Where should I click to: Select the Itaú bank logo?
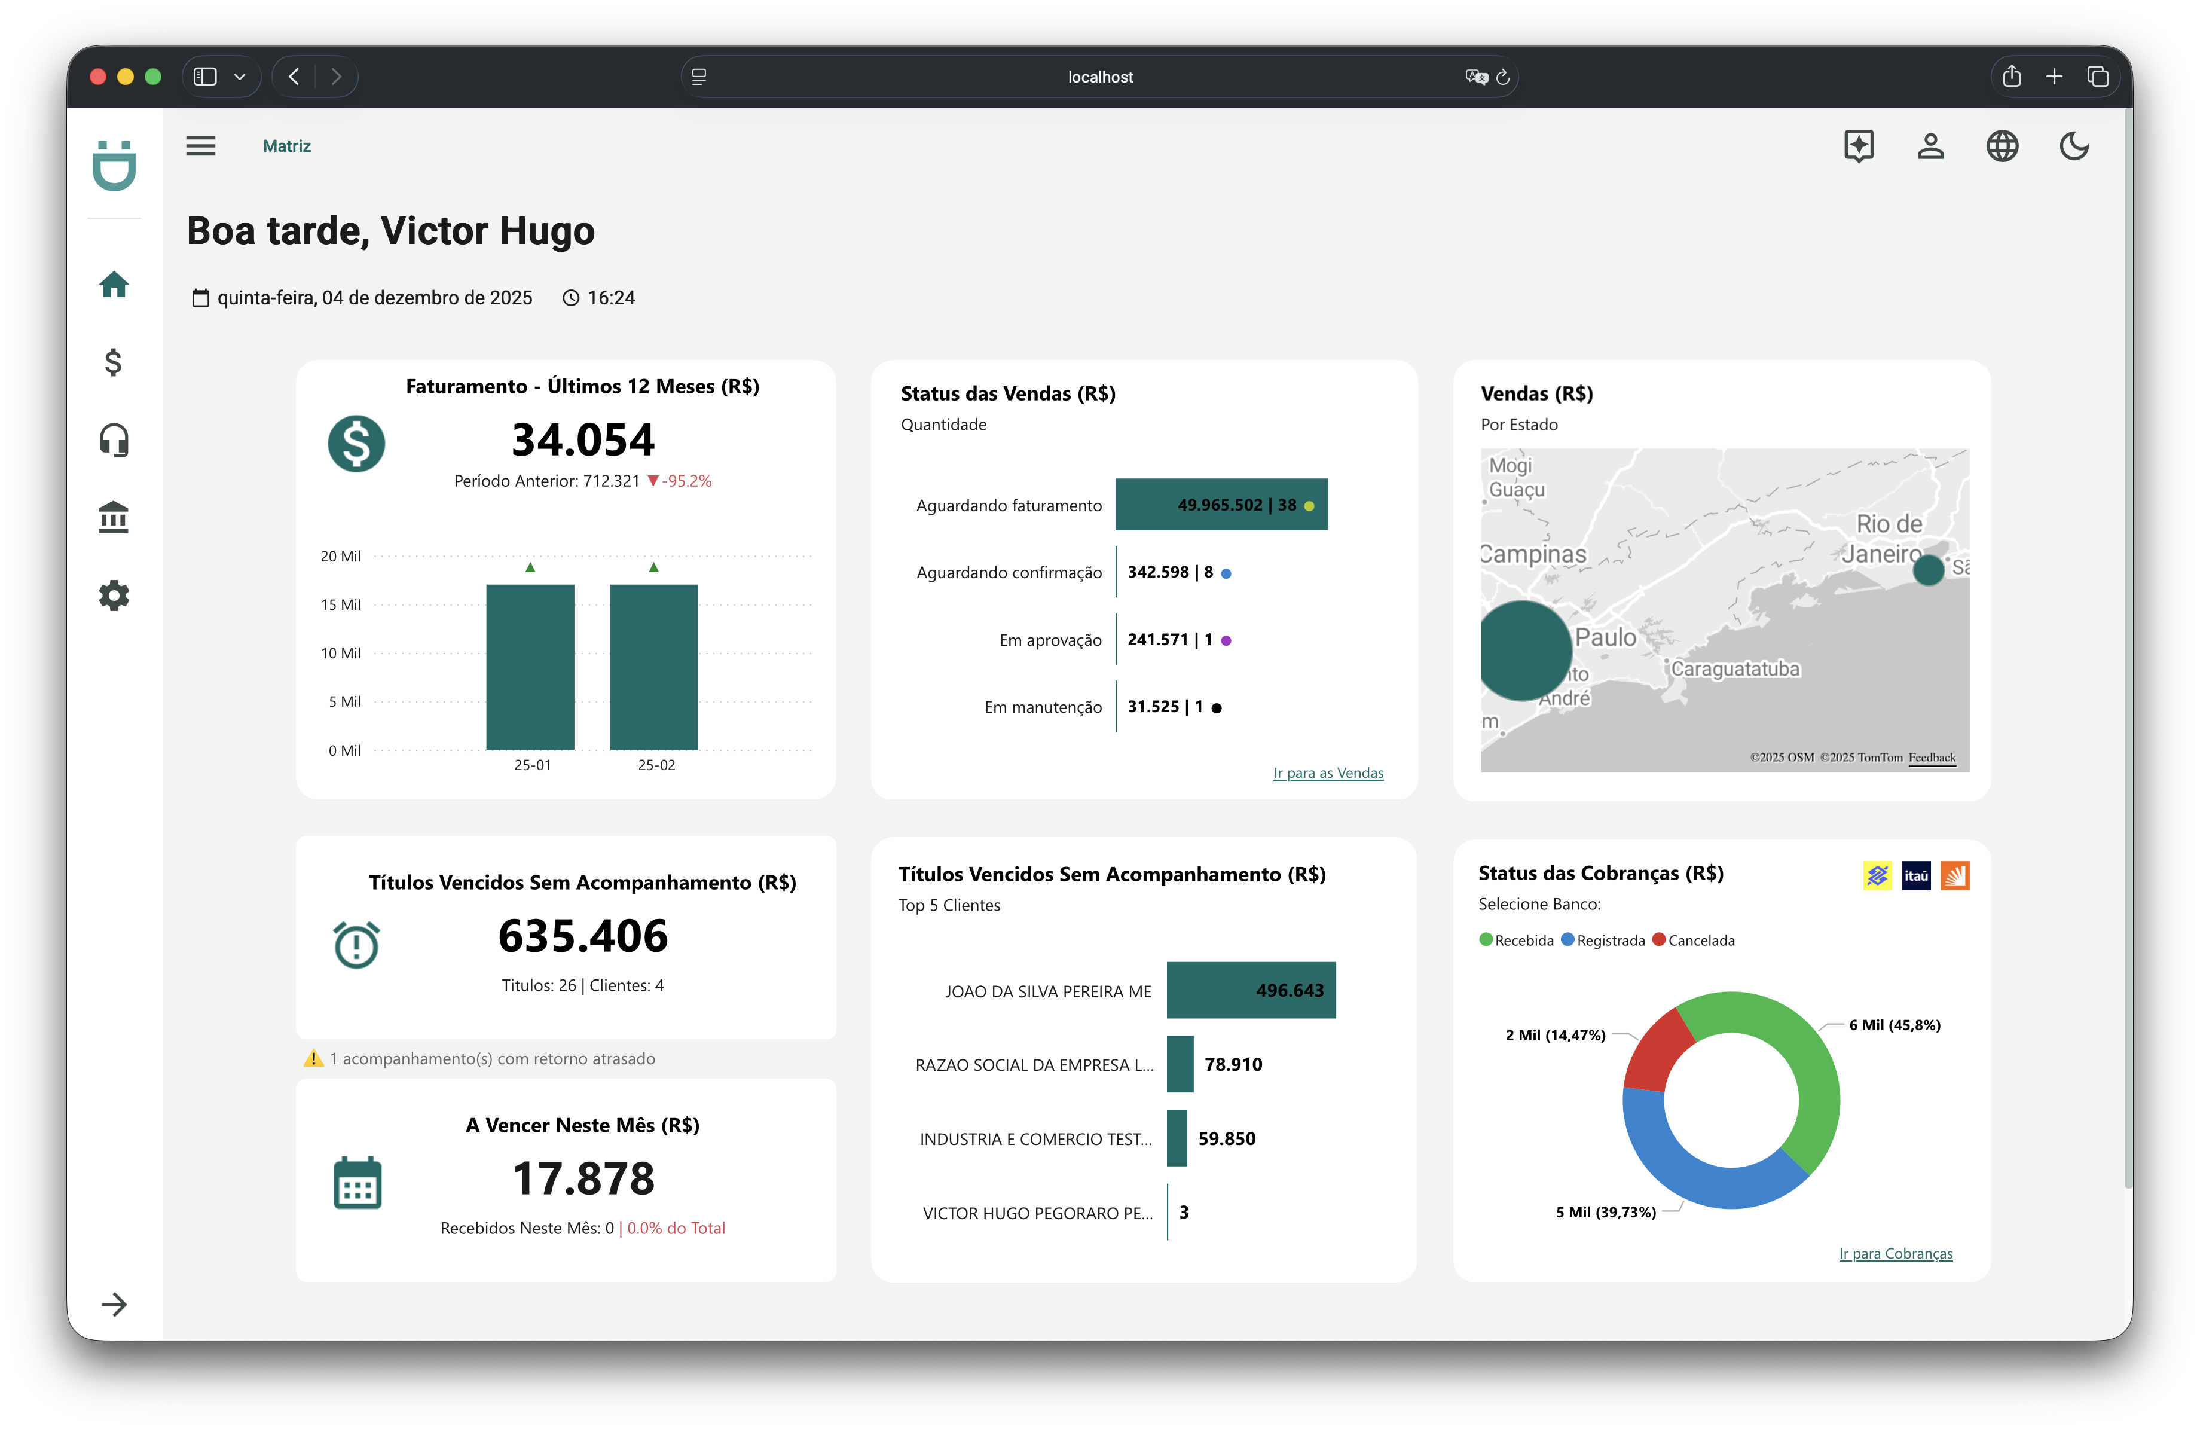click(1915, 875)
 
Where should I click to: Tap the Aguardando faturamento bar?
click(1220, 505)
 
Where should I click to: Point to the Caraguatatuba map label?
click(1735, 668)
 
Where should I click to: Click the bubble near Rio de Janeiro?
click(1927, 569)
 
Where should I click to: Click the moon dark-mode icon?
click(2073, 146)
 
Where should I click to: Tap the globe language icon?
click(2002, 146)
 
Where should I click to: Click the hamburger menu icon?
click(201, 146)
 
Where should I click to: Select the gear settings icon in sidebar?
click(114, 596)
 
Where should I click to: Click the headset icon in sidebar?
click(114, 440)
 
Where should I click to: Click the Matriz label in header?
click(286, 146)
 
